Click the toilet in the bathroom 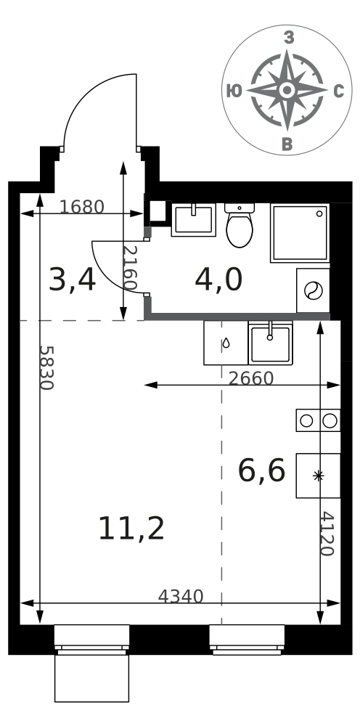click(240, 225)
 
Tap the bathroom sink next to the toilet click(193, 219)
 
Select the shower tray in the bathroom click(300, 233)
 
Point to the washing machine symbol click(313, 290)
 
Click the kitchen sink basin click(270, 343)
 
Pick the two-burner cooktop click(318, 420)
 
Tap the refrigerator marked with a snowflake click(318, 476)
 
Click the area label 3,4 click(72, 281)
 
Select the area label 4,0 click(218, 280)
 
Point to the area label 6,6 click(261, 470)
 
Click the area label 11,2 click(131, 529)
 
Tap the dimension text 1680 click(82, 207)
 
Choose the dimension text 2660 click(251, 378)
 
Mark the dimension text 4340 click(181, 596)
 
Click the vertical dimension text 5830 click(46, 367)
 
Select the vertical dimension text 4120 click(327, 534)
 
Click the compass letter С click(339, 91)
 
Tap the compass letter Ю click(234, 91)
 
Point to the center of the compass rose click(287, 90)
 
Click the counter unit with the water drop click(226, 343)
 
